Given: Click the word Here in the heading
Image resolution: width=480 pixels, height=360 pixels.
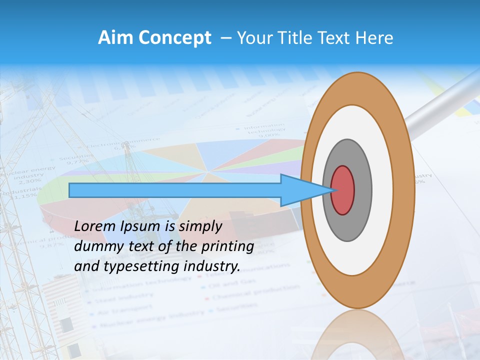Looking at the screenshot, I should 374,38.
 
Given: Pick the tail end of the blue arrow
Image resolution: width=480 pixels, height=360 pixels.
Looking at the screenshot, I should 71,190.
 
